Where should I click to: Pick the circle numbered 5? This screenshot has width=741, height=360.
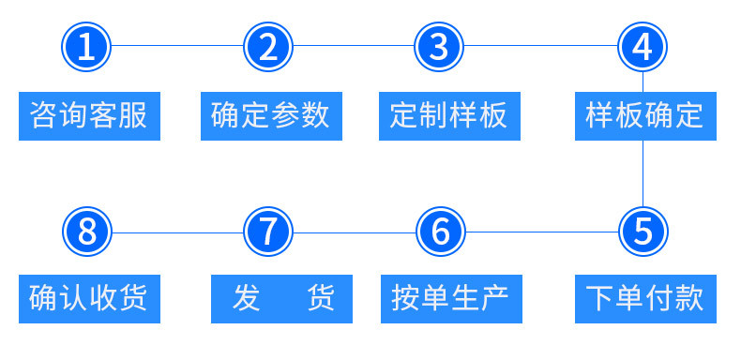tap(643, 231)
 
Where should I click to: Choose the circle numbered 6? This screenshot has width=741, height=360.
tap(439, 231)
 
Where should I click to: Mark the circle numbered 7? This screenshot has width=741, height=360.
tap(268, 231)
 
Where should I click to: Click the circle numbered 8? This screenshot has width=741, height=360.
tap(87, 231)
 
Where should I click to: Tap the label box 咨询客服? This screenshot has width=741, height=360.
tap(89, 115)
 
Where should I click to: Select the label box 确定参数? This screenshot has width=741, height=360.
tap(270, 115)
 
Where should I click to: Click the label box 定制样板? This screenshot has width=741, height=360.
tap(449, 115)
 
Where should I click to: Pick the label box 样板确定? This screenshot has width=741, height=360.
tap(643, 115)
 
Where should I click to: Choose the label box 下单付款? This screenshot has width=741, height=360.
tap(643, 299)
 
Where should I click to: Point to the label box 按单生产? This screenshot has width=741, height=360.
tap(449, 299)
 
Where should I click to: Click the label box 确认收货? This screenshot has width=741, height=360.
tap(89, 299)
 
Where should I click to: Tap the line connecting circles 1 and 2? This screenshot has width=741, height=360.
tap(178, 45)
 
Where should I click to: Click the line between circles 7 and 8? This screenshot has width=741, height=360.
tap(178, 231)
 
